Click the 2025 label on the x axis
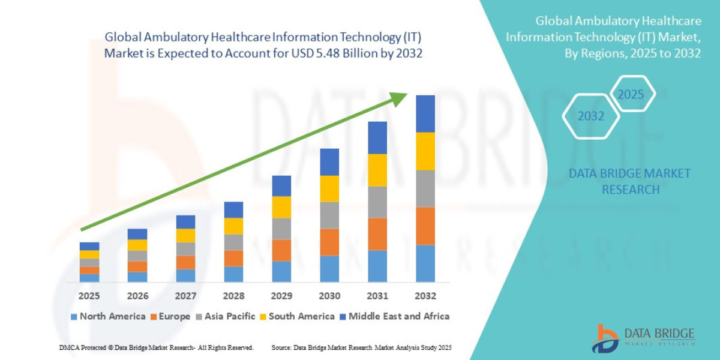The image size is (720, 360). coord(89,296)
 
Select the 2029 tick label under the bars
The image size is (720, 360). coord(281,296)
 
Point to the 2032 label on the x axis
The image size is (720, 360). coord(425,296)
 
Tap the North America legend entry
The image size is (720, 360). coord(108,316)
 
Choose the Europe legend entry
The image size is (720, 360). coord(170,316)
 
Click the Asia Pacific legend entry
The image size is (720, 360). coord(226,316)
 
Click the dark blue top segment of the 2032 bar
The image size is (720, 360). coord(425,113)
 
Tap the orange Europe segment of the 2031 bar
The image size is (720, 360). coord(377,234)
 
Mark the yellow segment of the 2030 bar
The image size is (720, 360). coord(329,188)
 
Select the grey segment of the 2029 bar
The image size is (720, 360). coord(281,229)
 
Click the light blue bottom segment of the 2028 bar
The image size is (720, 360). coord(233,274)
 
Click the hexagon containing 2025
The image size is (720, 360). coord(631,95)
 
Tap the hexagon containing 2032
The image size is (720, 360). coord(590,116)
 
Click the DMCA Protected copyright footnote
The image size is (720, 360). coord(156,347)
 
